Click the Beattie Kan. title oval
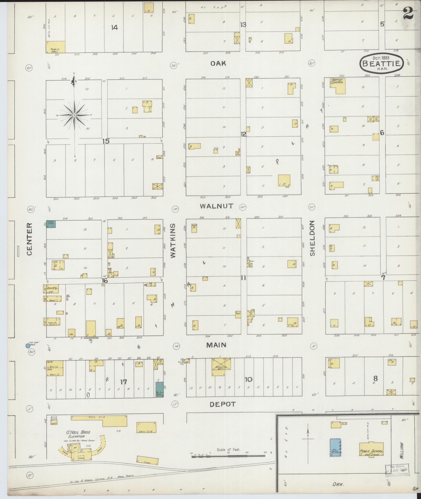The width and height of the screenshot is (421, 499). [x=382, y=64]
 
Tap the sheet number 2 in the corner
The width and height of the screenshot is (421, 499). [x=408, y=14]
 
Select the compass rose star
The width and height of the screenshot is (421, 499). [x=74, y=115]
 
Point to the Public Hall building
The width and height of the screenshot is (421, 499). [x=56, y=47]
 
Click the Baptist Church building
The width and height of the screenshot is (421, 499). [x=338, y=86]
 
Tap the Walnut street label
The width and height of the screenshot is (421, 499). [x=216, y=206]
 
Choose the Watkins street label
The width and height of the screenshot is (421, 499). [x=173, y=241]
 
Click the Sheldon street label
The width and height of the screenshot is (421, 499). [x=312, y=238]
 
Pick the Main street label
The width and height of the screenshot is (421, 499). [x=216, y=345]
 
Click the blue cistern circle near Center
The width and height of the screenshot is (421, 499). [x=27, y=346]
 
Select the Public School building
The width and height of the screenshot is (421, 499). [x=371, y=449]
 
